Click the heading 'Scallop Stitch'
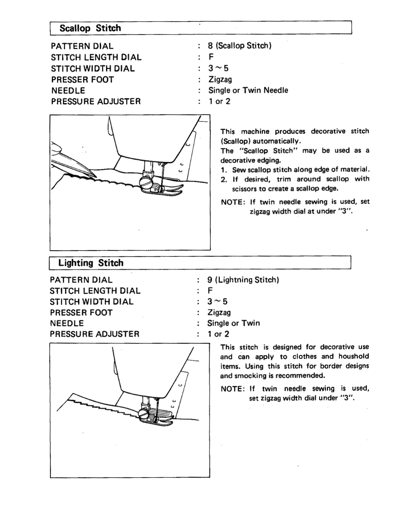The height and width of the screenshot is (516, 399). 90,28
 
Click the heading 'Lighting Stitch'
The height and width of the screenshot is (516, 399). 91,263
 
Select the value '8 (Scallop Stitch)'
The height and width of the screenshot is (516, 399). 240,46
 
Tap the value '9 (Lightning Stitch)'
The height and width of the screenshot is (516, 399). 243,280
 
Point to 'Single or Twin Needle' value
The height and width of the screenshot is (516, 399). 248,90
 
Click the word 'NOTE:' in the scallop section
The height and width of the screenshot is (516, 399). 233,202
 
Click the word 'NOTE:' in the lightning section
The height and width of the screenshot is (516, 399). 232,389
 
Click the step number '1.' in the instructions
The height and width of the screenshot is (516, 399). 224,170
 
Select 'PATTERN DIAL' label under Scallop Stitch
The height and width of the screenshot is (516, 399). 82,46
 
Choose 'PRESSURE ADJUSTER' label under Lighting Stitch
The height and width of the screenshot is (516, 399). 95,334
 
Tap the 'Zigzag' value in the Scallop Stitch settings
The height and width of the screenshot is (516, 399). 220,79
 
